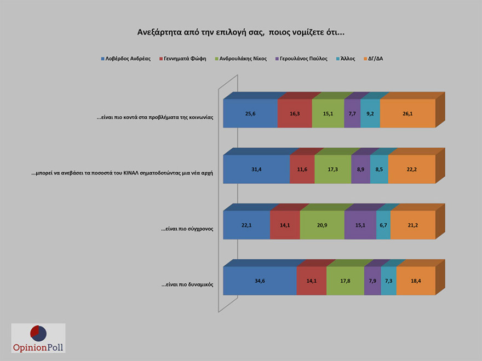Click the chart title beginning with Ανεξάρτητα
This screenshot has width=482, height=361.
240,32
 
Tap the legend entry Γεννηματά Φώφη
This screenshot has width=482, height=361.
186,58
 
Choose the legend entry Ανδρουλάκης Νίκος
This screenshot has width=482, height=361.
244,58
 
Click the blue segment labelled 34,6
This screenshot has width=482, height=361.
260,281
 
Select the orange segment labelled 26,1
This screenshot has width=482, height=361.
407,114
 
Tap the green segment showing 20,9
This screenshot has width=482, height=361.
322,225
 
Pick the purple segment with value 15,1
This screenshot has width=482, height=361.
360,225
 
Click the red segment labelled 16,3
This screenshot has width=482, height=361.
295,114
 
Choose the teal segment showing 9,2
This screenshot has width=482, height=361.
370,114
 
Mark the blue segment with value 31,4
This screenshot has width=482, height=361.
256,170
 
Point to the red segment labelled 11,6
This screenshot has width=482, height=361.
302,170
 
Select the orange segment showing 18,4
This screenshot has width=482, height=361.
415,281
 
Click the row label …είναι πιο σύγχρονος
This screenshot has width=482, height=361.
187,229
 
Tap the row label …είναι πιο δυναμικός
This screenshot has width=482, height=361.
187,284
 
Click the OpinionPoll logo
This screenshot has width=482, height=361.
38,337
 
